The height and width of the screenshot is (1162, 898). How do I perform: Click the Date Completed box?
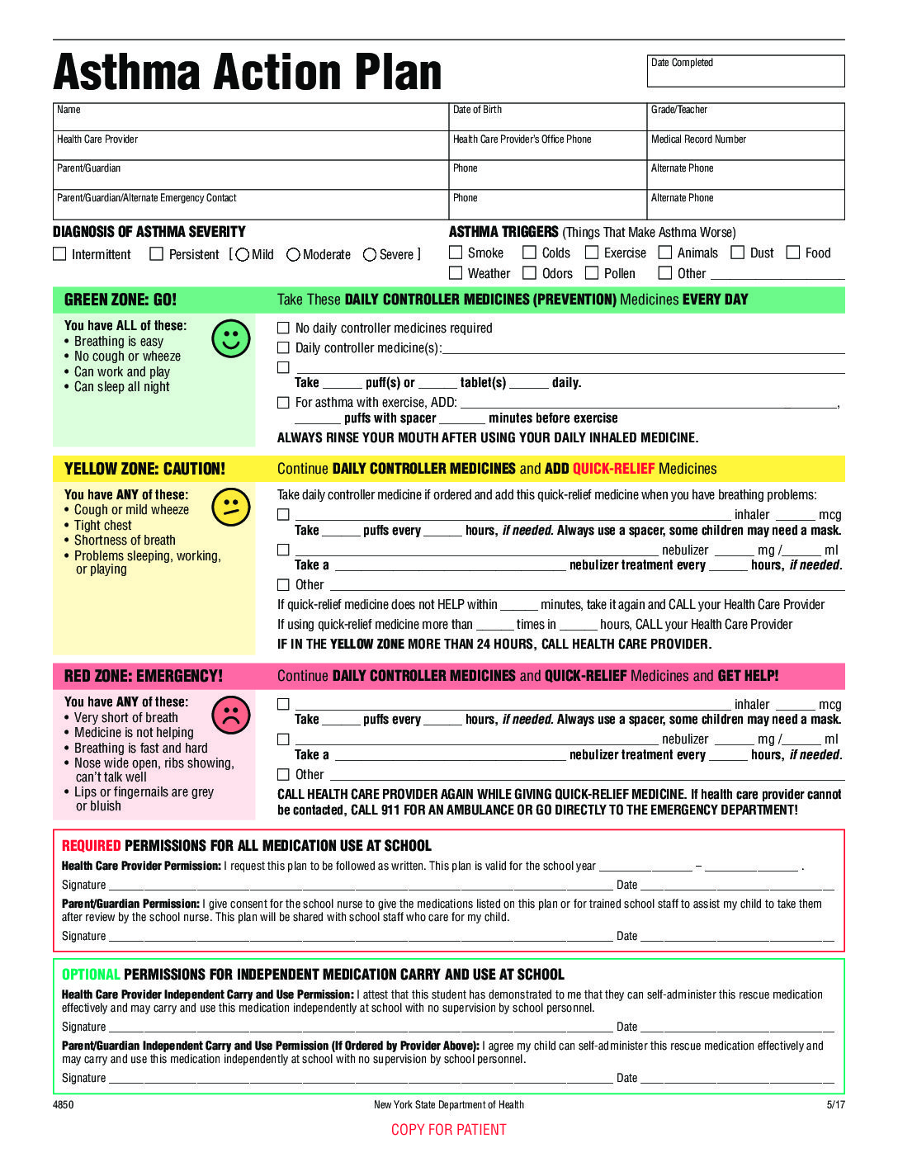click(745, 71)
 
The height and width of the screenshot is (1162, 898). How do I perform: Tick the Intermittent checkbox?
click(59, 254)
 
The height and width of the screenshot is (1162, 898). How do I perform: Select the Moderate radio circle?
click(293, 255)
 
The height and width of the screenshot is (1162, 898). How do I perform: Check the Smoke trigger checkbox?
click(456, 253)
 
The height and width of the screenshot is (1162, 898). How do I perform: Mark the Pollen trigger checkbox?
click(592, 273)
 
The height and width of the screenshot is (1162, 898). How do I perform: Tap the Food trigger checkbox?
click(793, 253)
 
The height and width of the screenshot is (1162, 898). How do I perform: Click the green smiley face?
click(230, 338)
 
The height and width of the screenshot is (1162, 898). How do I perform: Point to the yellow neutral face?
click(230, 507)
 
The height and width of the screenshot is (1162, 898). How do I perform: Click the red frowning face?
click(230, 715)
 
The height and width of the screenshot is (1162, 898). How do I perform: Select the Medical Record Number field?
click(745, 145)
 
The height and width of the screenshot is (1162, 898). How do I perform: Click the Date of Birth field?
click(547, 116)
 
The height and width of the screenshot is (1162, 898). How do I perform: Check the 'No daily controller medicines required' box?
click(283, 328)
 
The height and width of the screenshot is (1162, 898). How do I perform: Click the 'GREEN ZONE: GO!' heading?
click(121, 300)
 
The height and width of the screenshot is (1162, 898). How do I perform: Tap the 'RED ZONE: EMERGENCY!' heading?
click(144, 676)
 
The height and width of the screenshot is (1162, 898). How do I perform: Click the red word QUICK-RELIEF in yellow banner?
click(613, 469)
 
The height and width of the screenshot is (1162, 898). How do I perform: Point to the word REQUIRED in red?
click(91, 846)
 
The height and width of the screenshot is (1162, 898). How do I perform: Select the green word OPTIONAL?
click(91, 975)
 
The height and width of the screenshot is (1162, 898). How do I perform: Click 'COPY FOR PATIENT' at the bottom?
click(449, 1130)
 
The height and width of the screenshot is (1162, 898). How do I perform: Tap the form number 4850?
click(63, 1105)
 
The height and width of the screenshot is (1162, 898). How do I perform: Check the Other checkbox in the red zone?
click(283, 775)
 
